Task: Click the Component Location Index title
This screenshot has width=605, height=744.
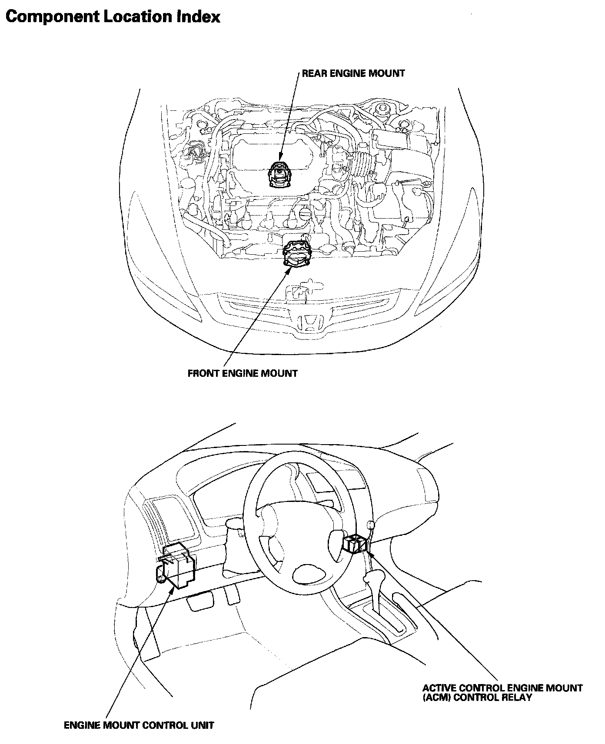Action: click(x=113, y=17)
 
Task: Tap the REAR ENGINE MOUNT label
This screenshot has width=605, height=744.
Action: click(x=353, y=73)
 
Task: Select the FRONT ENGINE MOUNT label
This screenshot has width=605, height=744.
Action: click(x=243, y=373)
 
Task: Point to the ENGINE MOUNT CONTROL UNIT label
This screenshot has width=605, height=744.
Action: click(x=139, y=725)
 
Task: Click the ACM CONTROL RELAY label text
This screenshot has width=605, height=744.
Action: click(x=502, y=693)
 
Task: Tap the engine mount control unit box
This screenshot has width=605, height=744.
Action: click(x=177, y=565)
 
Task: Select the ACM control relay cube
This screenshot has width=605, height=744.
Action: click(x=355, y=544)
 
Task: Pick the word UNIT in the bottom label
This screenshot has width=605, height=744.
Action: click(x=203, y=725)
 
